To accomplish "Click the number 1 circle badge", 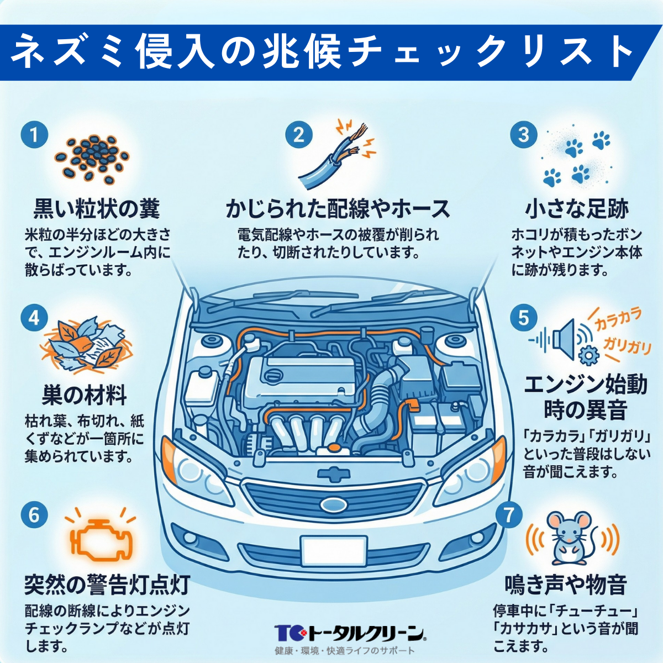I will [x=34, y=135].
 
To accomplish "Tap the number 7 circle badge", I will [x=509, y=514].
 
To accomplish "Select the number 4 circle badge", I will [x=34, y=318].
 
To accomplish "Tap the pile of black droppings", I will [x=93, y=158].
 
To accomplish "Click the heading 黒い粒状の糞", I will [x=97, y=209].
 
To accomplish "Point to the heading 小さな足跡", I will [x=577, y=209].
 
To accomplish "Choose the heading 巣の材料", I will [x=85, y=395].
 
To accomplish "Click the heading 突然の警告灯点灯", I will [x=107, y=584].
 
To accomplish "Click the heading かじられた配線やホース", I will [x=338, y=209].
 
